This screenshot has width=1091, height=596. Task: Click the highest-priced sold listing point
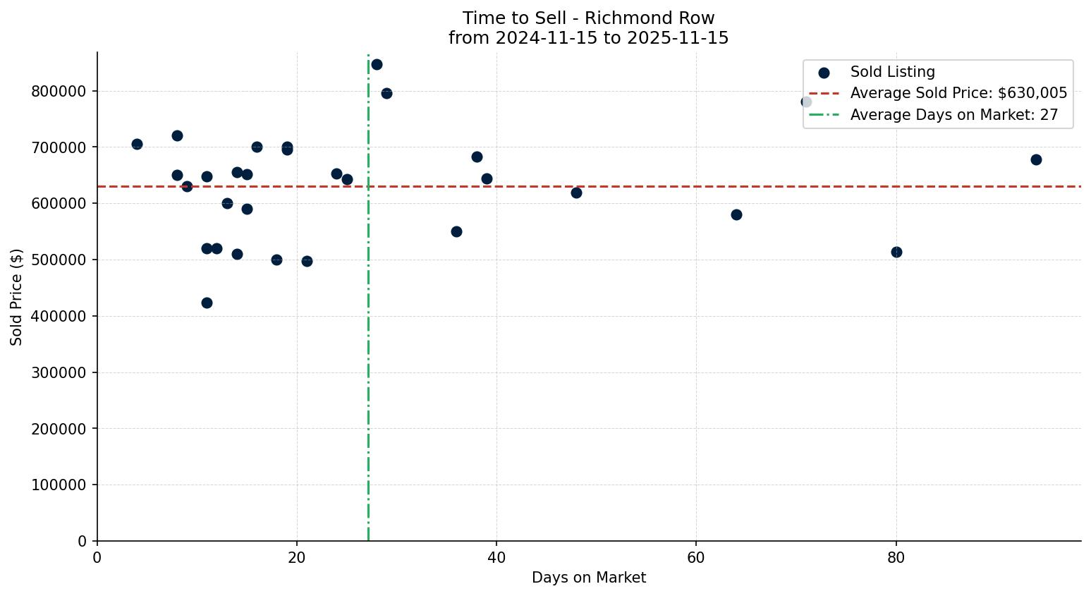[x=377, y=64]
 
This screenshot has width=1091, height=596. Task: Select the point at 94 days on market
[x=1036, y=159]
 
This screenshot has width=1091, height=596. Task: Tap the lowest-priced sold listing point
[x=207, y=303]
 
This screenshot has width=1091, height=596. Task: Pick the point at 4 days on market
[x=137, y=144]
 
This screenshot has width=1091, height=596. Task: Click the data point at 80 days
[x=896, y=252]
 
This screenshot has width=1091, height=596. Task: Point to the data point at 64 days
[x=736, y=214]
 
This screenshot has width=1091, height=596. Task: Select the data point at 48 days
[x=576, y=193]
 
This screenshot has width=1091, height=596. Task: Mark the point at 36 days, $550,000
[x=456, y=231]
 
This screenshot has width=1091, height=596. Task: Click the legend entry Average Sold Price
[x=958, y=93]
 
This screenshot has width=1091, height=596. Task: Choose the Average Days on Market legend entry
[x=953, y=115]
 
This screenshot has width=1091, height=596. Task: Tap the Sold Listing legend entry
[x=892, y=72]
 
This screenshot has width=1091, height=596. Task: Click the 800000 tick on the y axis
[x=59, y=92]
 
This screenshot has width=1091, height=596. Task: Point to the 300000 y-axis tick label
[x=59, y=372]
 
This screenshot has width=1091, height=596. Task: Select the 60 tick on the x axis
[x=696, y=557]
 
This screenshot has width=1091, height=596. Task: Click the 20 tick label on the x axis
[x=297, y=557]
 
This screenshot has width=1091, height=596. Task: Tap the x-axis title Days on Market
[x=589, y=578]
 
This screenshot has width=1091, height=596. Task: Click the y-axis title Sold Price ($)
[x=16, y=297]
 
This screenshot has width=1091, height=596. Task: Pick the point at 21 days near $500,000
[x=307, y=261]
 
